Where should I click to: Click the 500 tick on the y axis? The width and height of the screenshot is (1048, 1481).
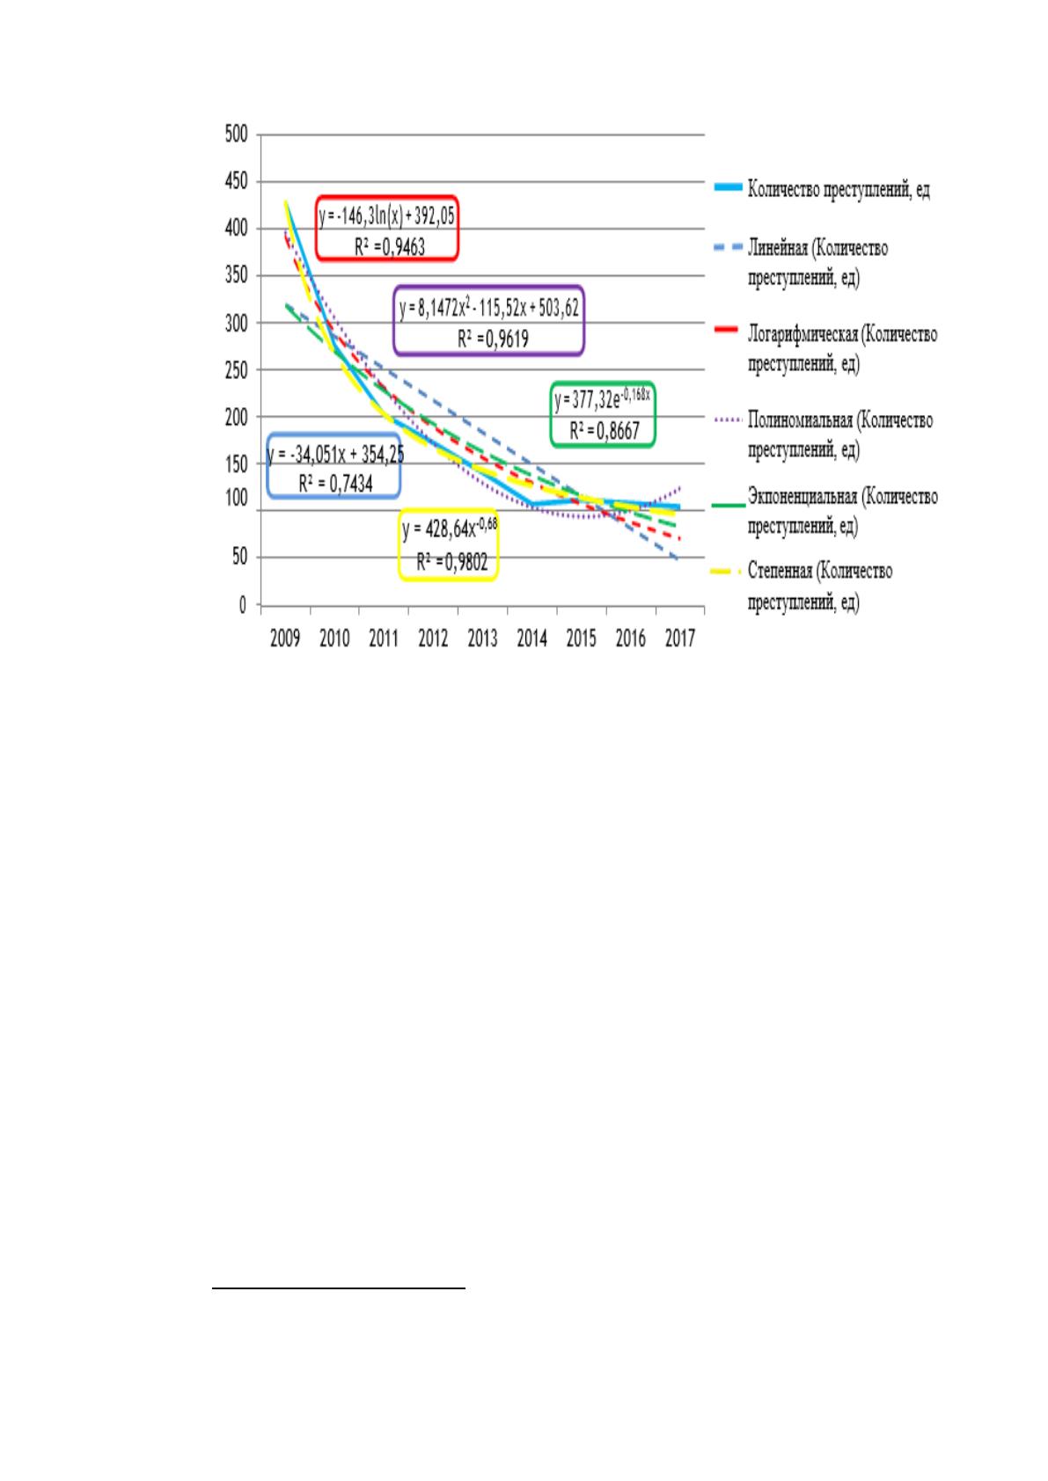click(x=236, y=135)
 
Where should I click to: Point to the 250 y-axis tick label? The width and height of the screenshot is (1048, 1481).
click(x=236, y=370)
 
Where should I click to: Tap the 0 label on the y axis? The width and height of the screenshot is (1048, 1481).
click(x=243, y=605)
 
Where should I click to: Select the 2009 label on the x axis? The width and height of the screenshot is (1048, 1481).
click(x=285, y=638)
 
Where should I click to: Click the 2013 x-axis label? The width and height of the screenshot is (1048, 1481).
click(x=482, y=638)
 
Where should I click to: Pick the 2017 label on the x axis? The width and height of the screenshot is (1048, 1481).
click(x=680, y=638)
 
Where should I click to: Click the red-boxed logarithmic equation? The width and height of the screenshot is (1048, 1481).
click(x=387, y=217)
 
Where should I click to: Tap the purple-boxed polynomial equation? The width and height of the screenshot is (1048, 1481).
click(x=489, y=309)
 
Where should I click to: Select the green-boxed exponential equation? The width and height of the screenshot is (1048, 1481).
click(x=602, y=398)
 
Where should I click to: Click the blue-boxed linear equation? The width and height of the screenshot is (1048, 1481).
click(x=335, y=455)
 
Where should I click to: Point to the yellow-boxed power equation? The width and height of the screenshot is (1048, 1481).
click(x=450, y=529)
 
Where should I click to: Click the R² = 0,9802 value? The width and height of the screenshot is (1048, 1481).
click(x=452, y=562)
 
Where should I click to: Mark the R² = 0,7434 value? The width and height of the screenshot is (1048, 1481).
click(x=335, y=484)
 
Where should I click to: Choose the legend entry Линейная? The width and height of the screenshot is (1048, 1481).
click(x=817, y=262)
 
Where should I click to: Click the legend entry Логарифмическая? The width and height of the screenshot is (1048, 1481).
click(x=842, y=348)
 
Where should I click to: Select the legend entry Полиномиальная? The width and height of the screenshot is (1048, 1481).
click(x=840, y=434)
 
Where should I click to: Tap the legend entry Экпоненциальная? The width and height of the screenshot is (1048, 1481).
click(x=843, y=511)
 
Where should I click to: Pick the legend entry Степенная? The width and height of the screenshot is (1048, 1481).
click(x=820, y=587)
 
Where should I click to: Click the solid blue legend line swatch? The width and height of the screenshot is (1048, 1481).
click(x=728, y=188)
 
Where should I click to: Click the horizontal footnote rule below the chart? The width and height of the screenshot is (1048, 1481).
click(x=339, y=1288)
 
